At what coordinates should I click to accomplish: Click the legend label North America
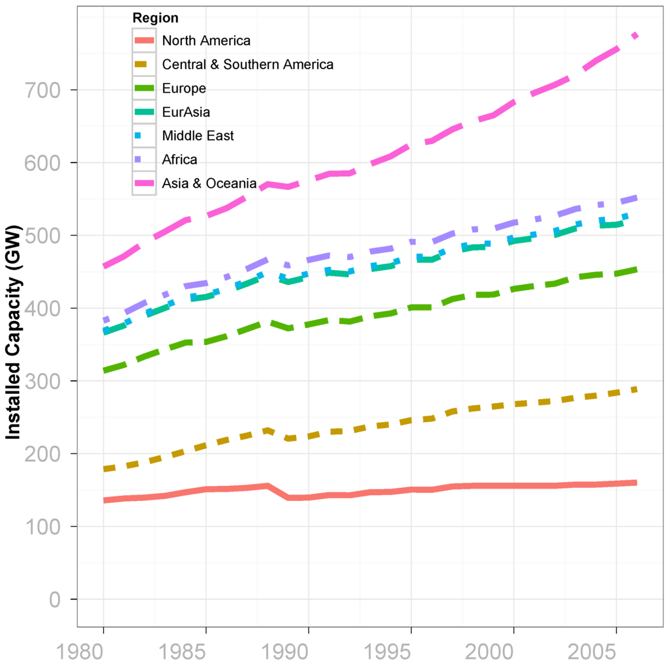coord(205,40)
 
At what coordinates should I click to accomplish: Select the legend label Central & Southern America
coord(247,65)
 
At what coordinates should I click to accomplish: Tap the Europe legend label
coord(184,89)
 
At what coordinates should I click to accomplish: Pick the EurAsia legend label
coord(187,112)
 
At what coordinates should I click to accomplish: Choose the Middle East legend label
coord(198,136)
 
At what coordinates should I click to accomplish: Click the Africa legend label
coord(179,160)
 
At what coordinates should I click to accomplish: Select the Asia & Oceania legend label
coord(209,184)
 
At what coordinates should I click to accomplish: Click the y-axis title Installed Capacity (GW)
coord(14,332)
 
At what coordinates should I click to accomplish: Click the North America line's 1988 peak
coord(267,485)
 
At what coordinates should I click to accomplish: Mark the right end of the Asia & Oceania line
coord(636,35)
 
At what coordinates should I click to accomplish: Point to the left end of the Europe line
coord(104,370)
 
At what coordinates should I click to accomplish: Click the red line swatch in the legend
coord(144,40)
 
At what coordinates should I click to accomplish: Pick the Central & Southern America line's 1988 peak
coord(267,430)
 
